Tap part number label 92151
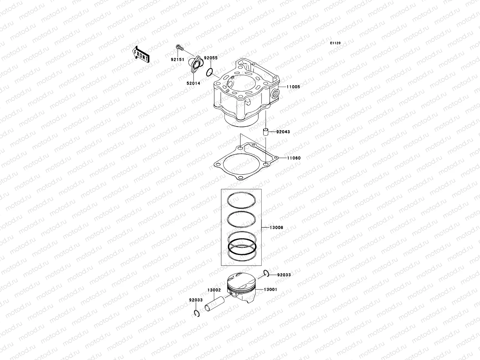(177, 59)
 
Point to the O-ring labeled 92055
(209, 72)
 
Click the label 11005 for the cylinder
(293, 87)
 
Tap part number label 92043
(283, 132)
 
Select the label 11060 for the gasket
(293, 158)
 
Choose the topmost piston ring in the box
(241, 199)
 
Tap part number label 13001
(270, 289)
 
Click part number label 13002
(214, 290)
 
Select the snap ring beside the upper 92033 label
(265, 272)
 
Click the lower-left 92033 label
(196, 300)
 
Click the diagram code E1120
(335, 43)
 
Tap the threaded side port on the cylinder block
(274, 94)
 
